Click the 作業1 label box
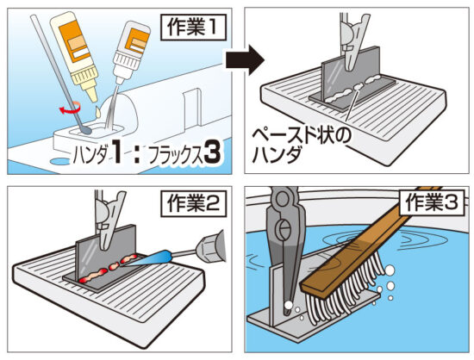[193, 28]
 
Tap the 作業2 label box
[193, 203]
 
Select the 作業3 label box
[432, 202]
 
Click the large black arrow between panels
[245, 60]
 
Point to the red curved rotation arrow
[70, 109]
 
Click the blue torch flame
[148, 259]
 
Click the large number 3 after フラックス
[213, 154]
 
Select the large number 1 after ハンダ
[116, 152]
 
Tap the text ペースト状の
[302, 137]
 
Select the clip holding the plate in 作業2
[108, 220]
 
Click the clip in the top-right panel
[352, 41]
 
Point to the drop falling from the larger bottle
[98, 111]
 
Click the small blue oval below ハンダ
[59, 162]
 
